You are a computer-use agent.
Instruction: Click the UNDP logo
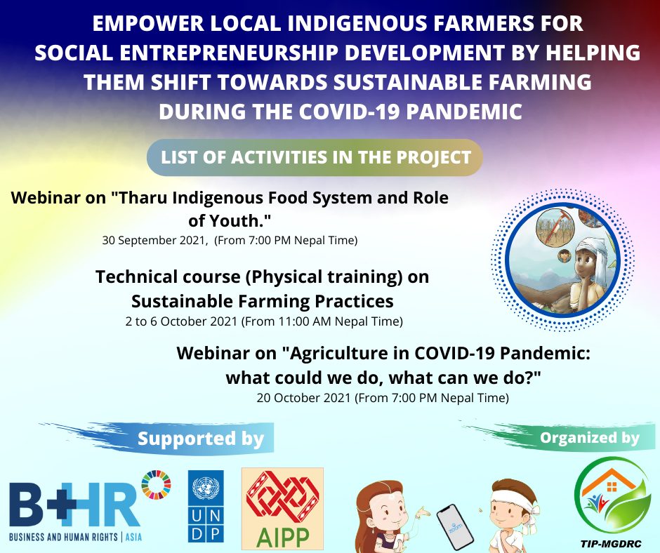pyautogui.click(x=206, y=506)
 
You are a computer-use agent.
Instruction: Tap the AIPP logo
pyautogui.click(x=282, y=509)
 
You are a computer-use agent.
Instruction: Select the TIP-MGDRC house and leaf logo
pyautogui.click(x=612, y=495)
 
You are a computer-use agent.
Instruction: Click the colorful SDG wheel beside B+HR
pyautogui.click(x=156, y=484)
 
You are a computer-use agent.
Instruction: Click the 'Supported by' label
pyautogui.click(x=201, y=439)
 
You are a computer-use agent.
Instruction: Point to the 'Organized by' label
pyautogui.click(x=590, y=438)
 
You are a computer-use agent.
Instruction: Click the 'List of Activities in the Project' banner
pyautogui.click(x=315, y=157)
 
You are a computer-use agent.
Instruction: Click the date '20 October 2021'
pyautogui.click(x=303, y=398)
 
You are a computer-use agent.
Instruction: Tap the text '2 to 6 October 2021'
pyautogui.click(x=181, y=321)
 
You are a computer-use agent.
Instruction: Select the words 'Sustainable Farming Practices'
pyautogui.click(x=263, y=301)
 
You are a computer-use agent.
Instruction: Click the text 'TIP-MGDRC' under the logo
pyautogui.click(x=611, y=544)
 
